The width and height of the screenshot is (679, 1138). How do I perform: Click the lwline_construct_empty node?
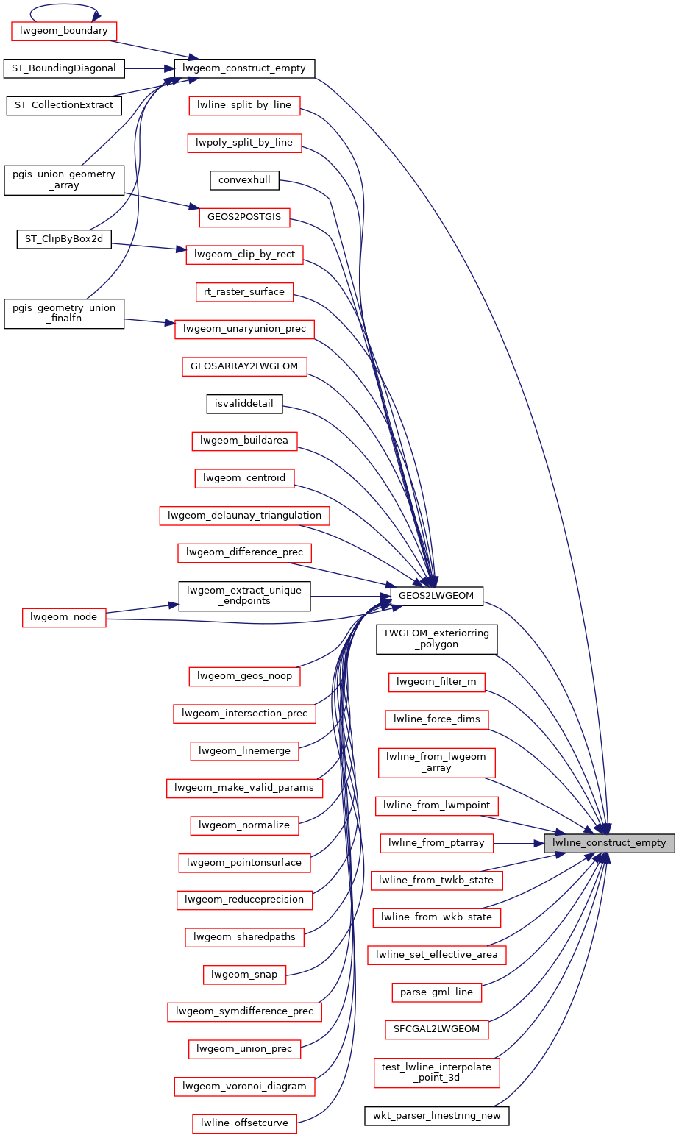[x=609, y=843]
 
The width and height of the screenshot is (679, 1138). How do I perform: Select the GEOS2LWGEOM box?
[x=436, y=596]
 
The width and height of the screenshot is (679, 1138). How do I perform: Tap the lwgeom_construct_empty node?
[x=245, y=68]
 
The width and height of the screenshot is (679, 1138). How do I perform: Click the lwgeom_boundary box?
[x=63, y=31]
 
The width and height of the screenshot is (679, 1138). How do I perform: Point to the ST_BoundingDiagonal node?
[x=63, y=68]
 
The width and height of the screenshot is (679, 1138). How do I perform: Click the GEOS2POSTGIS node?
[x=244, y=217]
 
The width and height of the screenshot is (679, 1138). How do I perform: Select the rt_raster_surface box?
[x=244, y=292]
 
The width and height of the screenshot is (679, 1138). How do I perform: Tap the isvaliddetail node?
[x=244, y=403]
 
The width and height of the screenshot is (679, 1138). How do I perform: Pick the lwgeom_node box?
[x=63, y=617]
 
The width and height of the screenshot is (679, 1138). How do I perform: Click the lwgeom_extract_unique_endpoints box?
[x=244, y=596]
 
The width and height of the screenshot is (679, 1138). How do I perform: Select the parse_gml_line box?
[x=436, y=992]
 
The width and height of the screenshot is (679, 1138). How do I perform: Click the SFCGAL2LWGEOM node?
[x=436, y=1029]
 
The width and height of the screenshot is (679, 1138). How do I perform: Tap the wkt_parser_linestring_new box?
[x=436, y=1116]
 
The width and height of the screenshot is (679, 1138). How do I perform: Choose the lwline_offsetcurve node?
[x=244, y=1123]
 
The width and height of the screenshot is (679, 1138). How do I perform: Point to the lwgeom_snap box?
[x=244, y=975]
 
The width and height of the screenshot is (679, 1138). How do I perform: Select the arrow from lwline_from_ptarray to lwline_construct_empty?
[x=518, y=843]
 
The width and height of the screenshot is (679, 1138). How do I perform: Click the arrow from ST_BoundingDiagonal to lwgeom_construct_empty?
[x=147, y=68]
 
